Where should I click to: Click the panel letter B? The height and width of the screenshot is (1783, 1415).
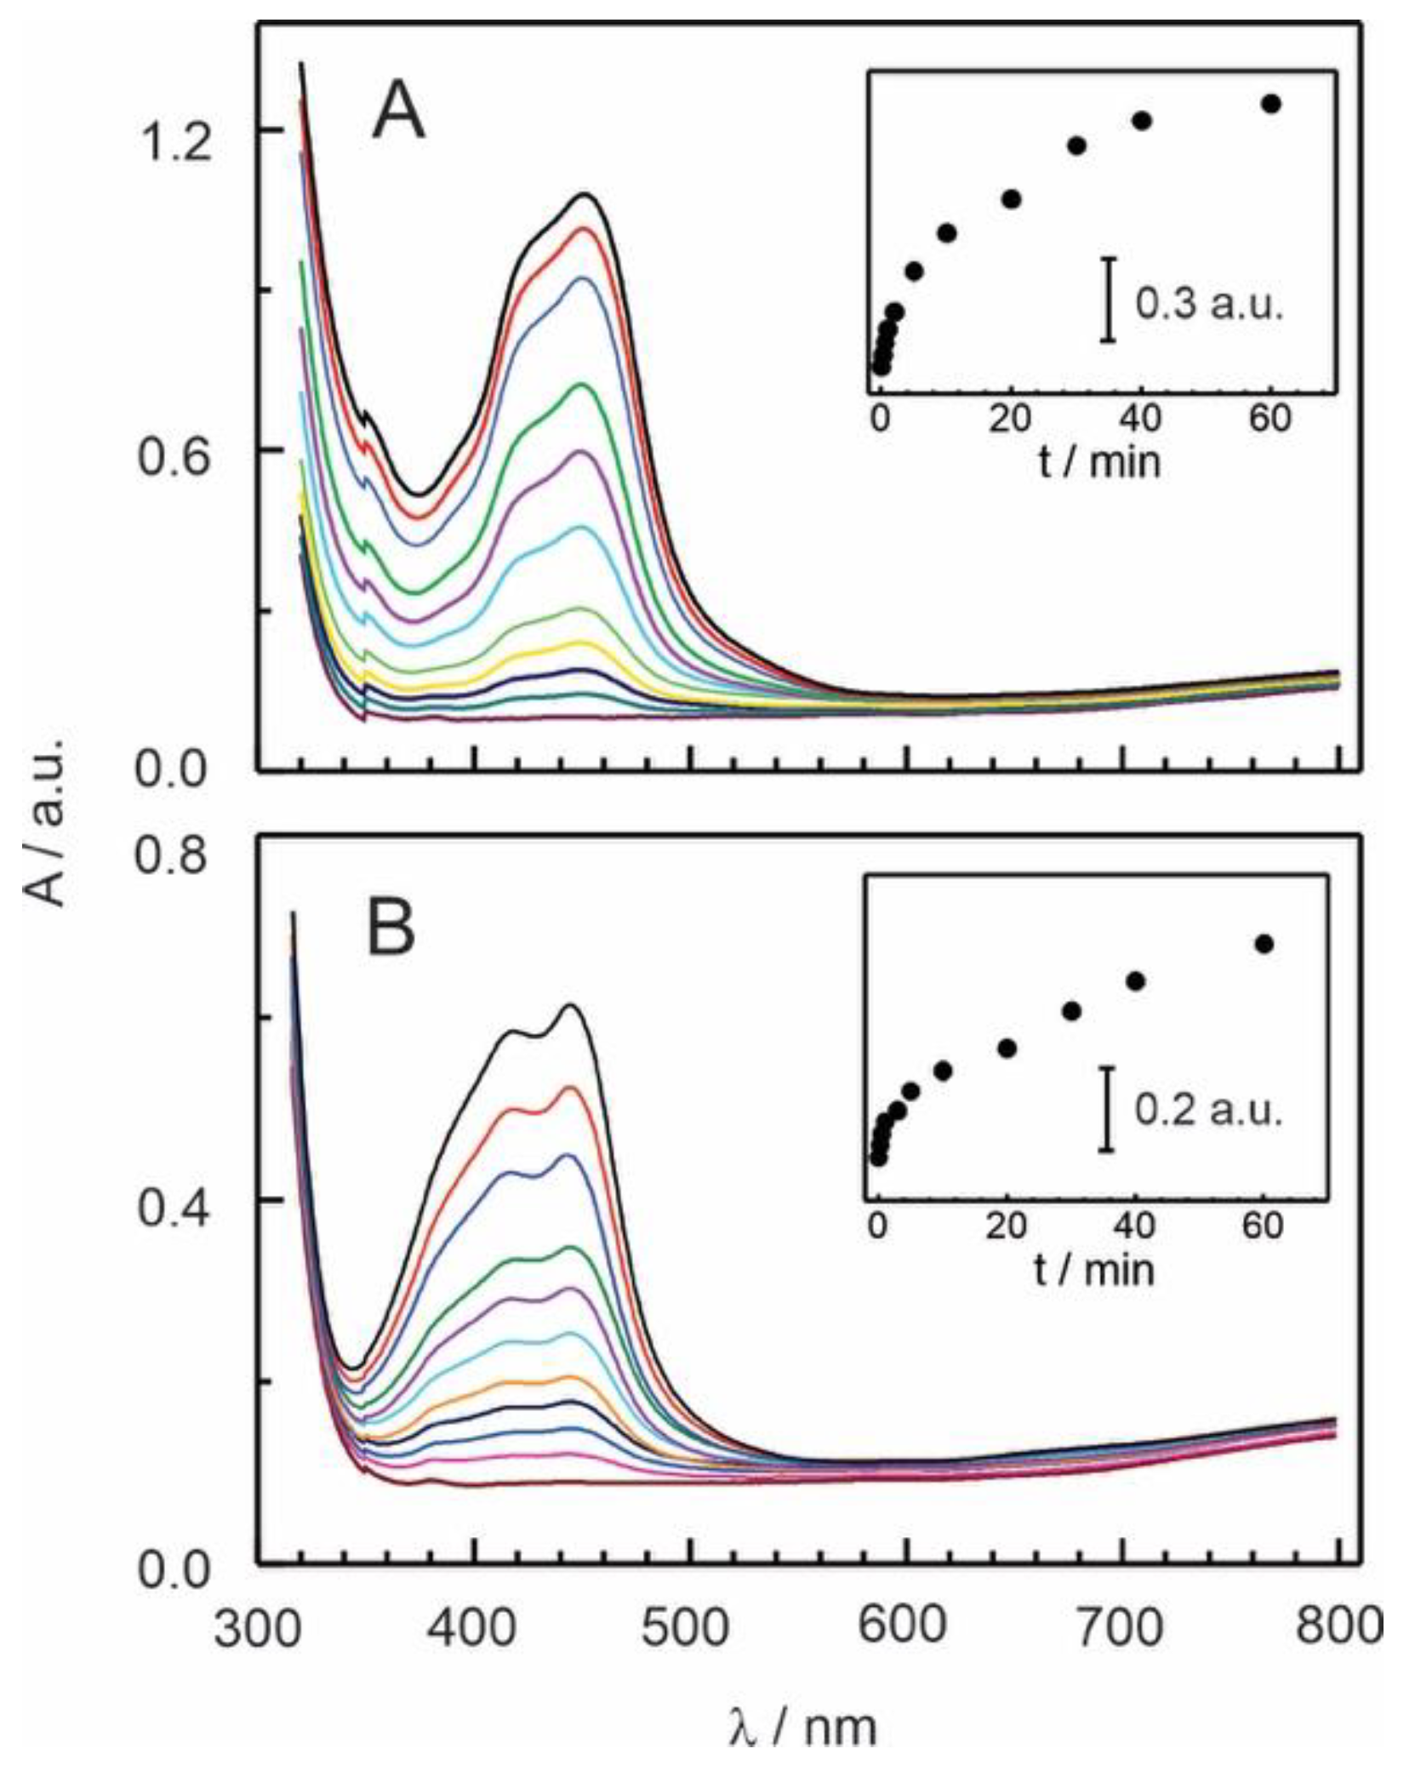point(391,929)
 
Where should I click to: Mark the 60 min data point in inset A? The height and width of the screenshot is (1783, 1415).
point(1272,104)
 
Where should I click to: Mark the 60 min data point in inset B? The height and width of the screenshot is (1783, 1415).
point(1264,944)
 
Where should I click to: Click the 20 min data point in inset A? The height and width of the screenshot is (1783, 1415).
point(1012,199)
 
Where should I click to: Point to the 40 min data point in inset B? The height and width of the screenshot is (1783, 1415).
point(1135,981)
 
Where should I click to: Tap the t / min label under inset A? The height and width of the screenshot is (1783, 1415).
point(1098,462)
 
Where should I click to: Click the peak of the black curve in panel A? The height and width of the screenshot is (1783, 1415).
point(585,195)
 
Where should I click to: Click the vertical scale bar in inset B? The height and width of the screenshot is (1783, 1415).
point(1106,1109)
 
